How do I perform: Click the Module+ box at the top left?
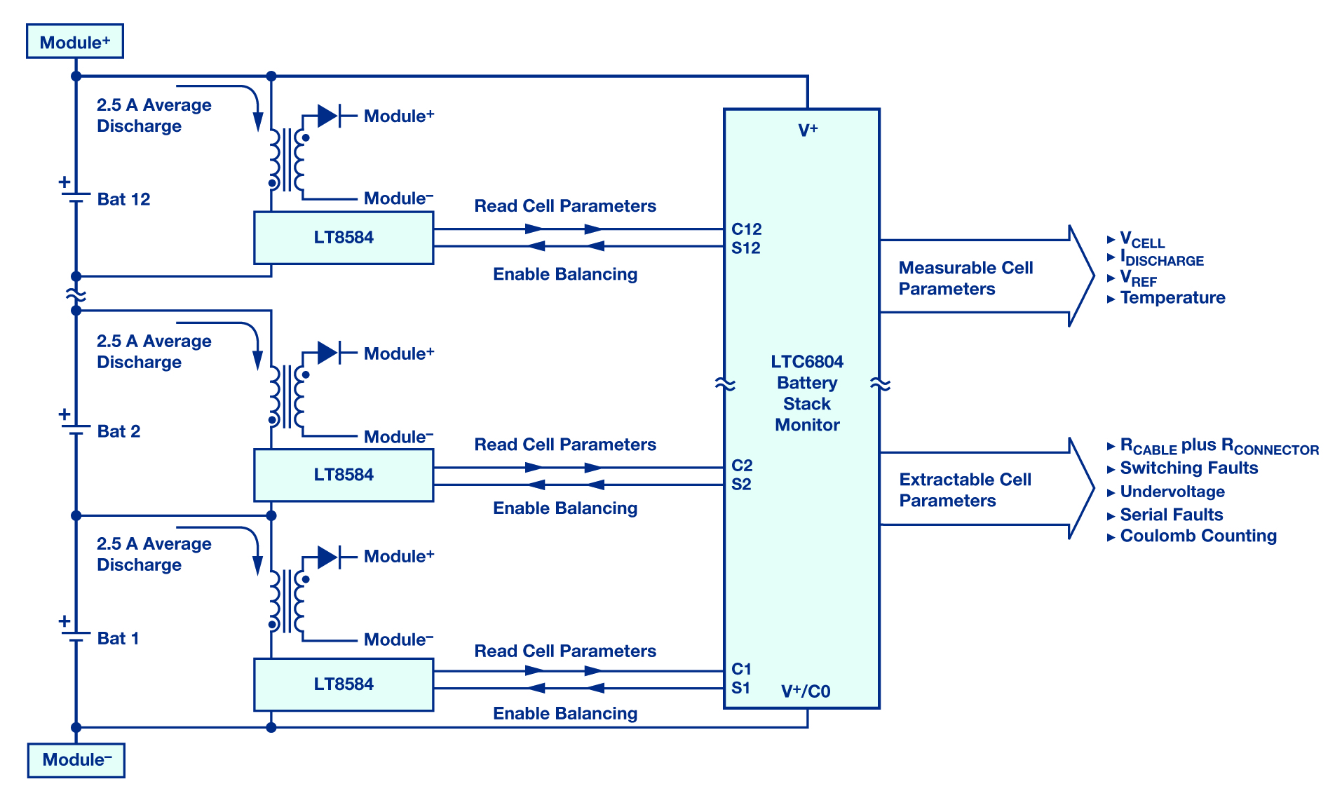(75, 41)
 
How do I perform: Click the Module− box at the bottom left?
(76, 760)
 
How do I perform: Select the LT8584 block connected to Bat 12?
(344, 238)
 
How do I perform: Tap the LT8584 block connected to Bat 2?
(344, 475)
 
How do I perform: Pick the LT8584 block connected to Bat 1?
(344, 684)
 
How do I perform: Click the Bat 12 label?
(123, 199)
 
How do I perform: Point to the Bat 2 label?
(118, 431)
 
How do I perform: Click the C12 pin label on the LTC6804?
(746, 229)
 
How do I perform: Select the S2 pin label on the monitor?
(741, 484)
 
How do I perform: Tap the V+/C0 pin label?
(806, 691)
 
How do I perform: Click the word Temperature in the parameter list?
(1172, 298)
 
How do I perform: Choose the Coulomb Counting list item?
(1198, 536)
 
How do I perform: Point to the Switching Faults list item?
(1189, 468)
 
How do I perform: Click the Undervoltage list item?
(1172, 492)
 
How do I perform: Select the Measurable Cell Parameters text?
(965, 278)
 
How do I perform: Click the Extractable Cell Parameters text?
(965, 490)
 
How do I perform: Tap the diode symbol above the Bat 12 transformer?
(329, 116)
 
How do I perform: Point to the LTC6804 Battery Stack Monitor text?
(807, 393)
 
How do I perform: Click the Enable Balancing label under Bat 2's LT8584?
(565, 508)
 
